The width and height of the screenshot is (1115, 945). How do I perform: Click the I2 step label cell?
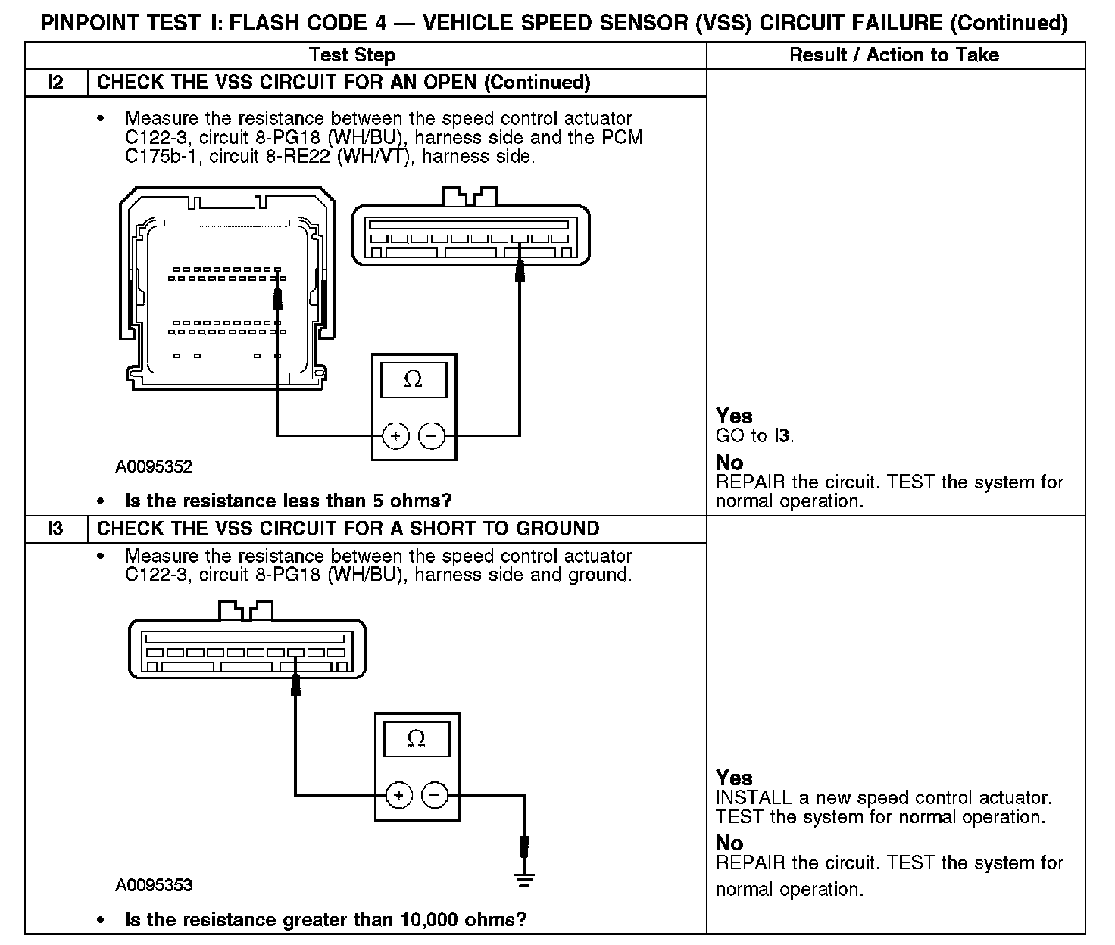coord(56,83)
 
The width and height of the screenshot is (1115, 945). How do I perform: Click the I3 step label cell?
coord(56,529)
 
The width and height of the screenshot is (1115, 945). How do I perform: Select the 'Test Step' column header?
coord(351,55)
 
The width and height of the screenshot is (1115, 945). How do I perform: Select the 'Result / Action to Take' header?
coord(894,55)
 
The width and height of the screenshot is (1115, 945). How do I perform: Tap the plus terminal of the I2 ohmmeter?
coord(395,435)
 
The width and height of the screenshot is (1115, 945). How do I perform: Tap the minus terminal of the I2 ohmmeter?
coord(432,435)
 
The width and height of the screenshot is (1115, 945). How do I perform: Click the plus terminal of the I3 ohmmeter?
coord(398,795)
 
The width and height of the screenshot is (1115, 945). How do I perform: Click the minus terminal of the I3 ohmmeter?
coord(434,795)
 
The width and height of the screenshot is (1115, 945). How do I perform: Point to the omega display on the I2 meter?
coord(414,379)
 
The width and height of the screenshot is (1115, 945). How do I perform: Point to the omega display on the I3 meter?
coord(417,738)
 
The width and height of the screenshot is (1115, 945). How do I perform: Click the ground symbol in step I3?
coord(523,878)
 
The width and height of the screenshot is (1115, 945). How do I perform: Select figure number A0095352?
coord(154,467)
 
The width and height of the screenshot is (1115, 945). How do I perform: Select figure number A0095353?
coord(154,885)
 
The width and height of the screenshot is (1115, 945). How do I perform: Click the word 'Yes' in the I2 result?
coord(734,416)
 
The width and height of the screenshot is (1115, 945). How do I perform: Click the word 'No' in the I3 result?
coord(729,843)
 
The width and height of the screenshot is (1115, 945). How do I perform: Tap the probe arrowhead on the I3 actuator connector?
coord(296,685)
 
